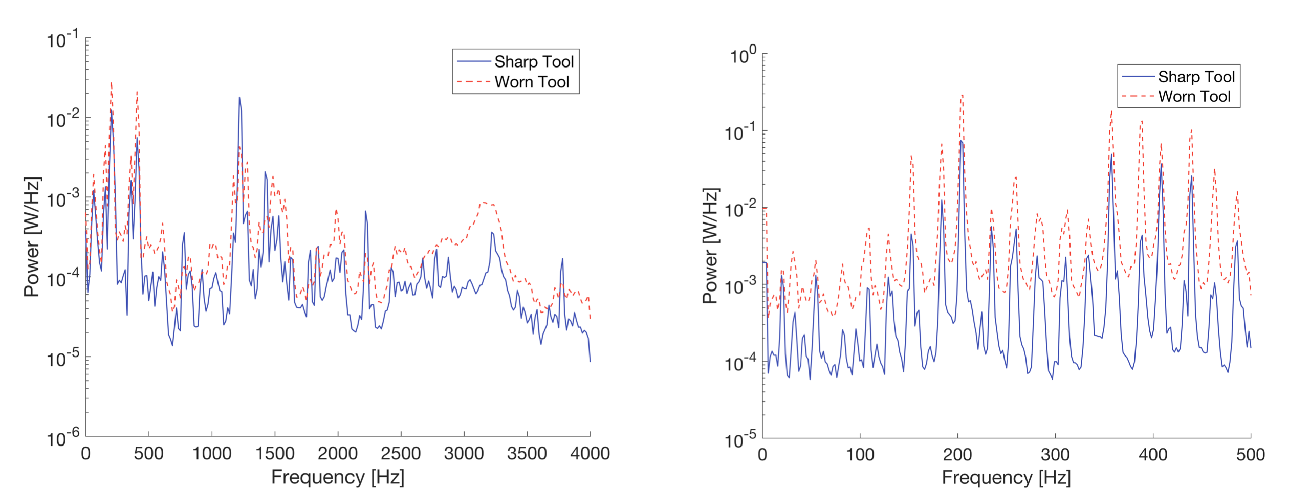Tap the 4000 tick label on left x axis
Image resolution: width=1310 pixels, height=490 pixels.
point(589,454)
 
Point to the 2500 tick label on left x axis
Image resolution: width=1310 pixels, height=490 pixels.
point(401,454)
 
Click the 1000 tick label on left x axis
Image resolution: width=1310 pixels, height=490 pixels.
point(211,454)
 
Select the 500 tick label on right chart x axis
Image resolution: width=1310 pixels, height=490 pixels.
point(1250,455)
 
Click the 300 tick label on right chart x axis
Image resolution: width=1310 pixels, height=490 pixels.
point(1055,455)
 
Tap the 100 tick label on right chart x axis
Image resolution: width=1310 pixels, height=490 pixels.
point(860,455)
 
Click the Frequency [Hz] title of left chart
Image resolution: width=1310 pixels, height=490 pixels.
point(338,477)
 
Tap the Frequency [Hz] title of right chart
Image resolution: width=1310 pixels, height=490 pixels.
point(1006,478)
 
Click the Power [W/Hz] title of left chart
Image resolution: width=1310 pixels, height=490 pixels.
point(32,237)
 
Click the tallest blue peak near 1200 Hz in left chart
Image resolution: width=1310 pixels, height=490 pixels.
point(239,98)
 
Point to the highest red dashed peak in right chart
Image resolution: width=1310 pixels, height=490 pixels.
point(962,95)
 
